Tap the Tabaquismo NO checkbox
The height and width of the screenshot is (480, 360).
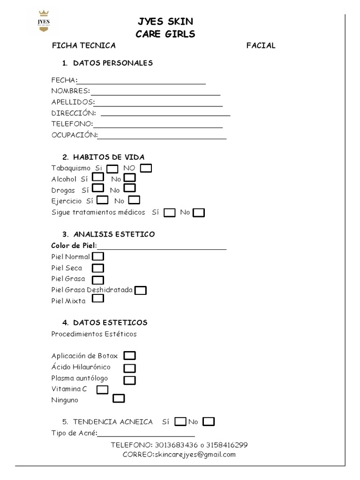pyautogui.click(x=146, y=168)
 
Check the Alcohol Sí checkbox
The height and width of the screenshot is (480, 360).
pyautogui.click(x=98, y=178)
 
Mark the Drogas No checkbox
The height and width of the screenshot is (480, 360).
pyautogui.click(x=130, y=188)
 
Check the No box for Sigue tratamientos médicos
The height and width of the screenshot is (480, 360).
pyautogui.click(x=199, y=213)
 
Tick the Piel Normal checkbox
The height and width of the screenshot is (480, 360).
pyautogui.click(x=98, y=256)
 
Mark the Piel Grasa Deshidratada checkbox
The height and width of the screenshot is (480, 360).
pyautogui.click(x=141, y=291)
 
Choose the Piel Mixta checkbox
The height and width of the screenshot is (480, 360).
pyautogui.click(x=98, y=299)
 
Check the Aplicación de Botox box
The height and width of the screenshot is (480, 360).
pyautogui.click(x=130, y=356)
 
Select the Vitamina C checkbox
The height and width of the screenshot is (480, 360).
pyautogui.click(x=102, y=390)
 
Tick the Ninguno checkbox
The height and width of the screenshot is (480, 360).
pyautogui.click(x=119, y=399)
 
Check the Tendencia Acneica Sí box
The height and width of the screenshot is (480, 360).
pyautogui.click(x=180, y=421)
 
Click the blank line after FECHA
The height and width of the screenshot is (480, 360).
pyautogui.click(x=142, y=82)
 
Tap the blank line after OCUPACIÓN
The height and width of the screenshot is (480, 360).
pyautogui.click(x=162, y=138)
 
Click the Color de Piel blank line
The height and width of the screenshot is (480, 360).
pyautogui.click(x=162, y=248)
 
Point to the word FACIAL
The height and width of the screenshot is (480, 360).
pyautogui.click(x=261, y=45)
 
